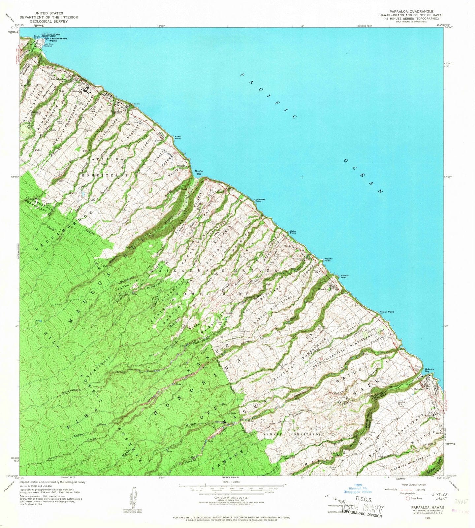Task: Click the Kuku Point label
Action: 177,138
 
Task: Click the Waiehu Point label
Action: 328,260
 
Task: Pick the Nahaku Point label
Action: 342,277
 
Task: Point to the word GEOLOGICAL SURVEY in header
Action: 48,21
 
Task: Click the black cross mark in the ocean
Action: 302,177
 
